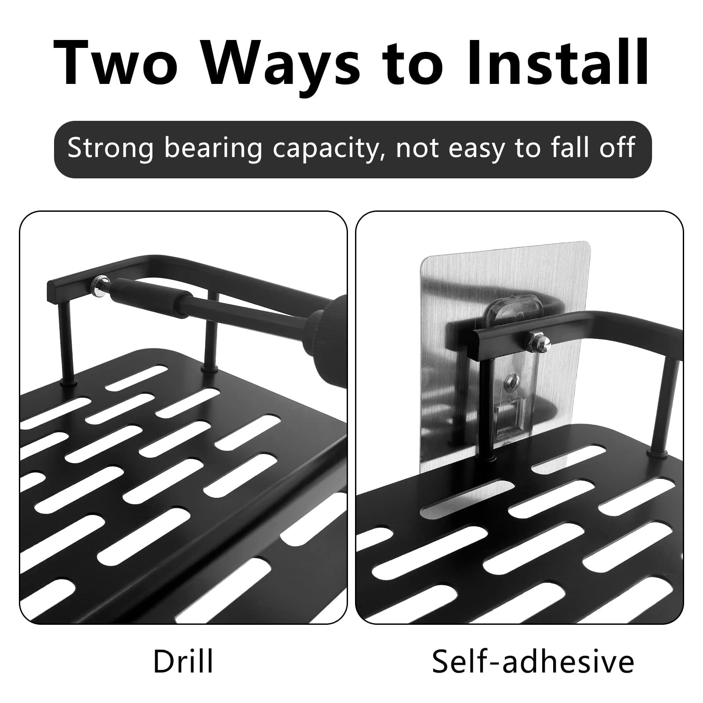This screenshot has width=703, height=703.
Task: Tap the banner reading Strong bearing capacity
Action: point(352,149)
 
